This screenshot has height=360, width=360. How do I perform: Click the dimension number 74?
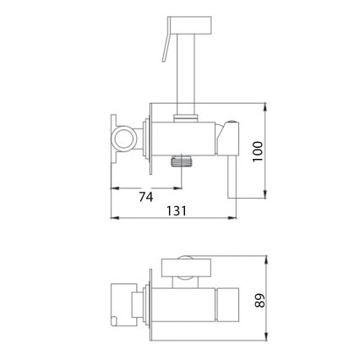[x=145, y=197]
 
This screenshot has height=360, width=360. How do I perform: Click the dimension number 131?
[x=176, y=211]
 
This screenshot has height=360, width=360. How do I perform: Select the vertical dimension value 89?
[x=259, y=299]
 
